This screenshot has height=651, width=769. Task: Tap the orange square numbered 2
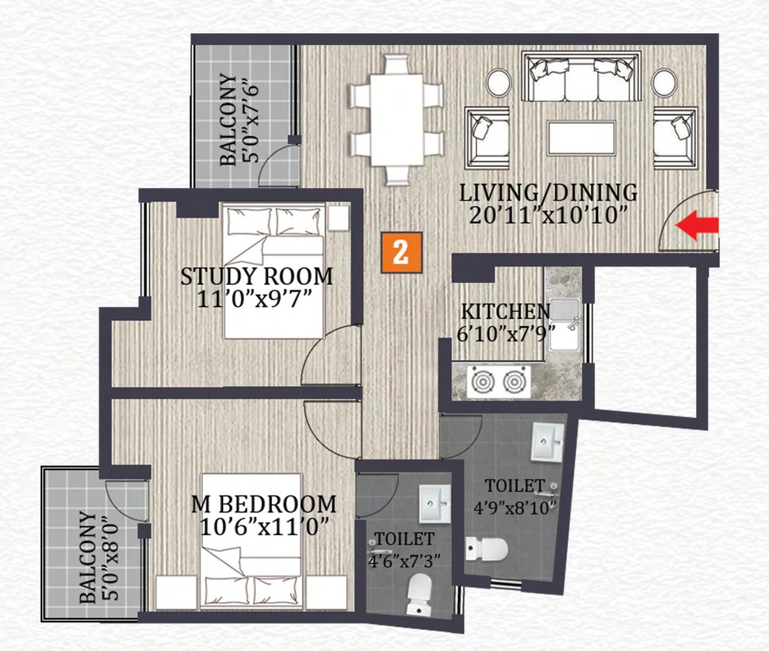click(402, 253)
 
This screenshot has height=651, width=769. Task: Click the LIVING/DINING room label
click(548, 192)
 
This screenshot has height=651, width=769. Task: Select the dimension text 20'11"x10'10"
click(548, 215)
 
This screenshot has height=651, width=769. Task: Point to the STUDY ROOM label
click(257, 277)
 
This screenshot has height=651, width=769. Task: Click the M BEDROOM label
click(264, 504)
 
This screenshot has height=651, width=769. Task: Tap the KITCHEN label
click(505, 311)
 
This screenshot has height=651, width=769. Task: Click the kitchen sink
click(565, 324)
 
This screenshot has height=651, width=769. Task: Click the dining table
click(397, 120)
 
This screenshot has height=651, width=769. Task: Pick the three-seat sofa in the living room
click(581, 77)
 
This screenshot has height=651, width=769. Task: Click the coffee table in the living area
click(582, 138)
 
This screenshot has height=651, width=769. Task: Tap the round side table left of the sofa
click(499, 83)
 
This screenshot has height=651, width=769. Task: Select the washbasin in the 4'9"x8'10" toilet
click(547, 441)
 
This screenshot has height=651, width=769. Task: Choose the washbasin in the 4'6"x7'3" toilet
click(435, 504)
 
